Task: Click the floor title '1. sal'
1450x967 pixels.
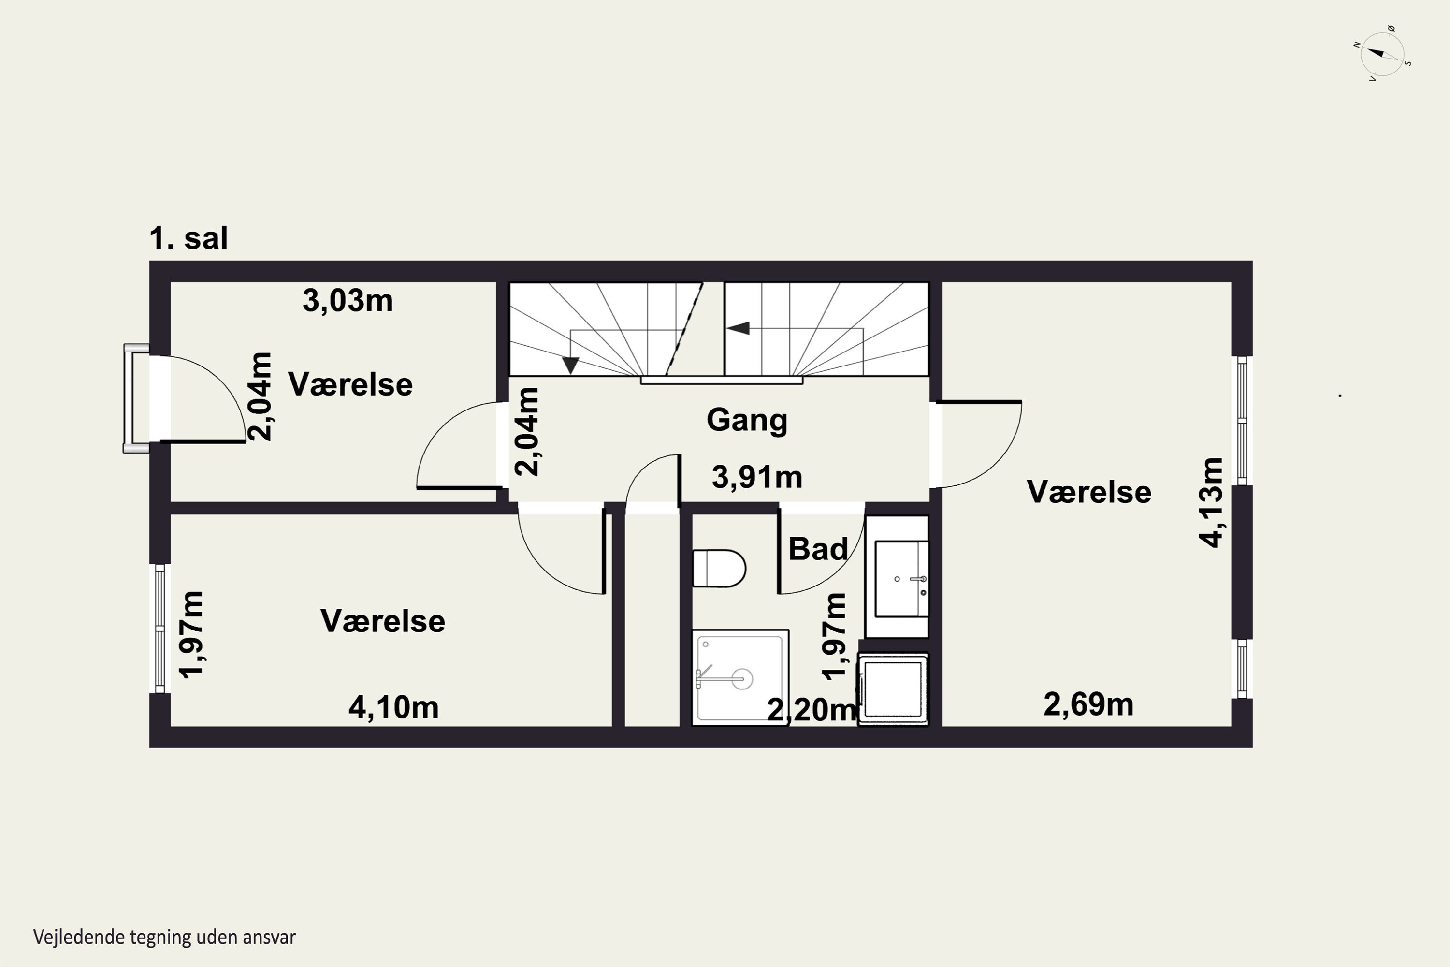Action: (188, 238)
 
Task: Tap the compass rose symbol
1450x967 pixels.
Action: (1383, 54)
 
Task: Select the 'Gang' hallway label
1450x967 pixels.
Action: (747, 421)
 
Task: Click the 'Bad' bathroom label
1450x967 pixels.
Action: (818, 549)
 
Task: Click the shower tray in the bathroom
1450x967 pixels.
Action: (740, 676)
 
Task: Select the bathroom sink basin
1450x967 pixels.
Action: (901, 578)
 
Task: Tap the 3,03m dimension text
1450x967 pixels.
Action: (348, 301)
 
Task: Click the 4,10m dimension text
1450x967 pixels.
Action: (394, 707)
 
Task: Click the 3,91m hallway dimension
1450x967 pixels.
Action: (757, 477)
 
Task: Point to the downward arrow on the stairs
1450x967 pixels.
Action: (571, 365)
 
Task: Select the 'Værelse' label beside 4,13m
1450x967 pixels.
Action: (1089, 492)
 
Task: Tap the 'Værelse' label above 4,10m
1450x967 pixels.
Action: (383, 621)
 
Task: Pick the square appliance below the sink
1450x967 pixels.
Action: (893, 689)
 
